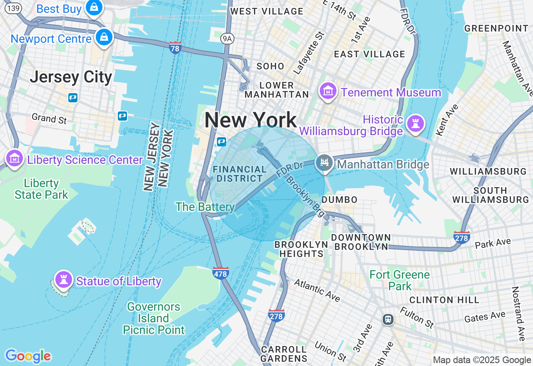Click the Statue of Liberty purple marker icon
click(x=64, y=279)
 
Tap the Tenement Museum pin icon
click(x=327, y=91)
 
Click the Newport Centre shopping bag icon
click(x=104, y=37)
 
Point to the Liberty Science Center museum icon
click(x=15, y=158)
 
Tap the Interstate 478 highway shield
click(x=220, y=273)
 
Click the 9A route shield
click(x=227, y=39)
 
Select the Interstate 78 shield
click(x=175, y=48)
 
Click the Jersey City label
click(x=71, y=77)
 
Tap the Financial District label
click(x=239, y=174)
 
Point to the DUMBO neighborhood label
click(x=339, y=200)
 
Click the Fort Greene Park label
click(x=399, y=280)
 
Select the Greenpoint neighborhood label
click(x=496, y=28)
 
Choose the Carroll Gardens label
click(x=284, y=354)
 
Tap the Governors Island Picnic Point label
click(x=154, y=319)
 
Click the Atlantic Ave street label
click(x=317, y=290)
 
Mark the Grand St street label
click(x=49, y=119)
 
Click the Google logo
click(x=28, y=356)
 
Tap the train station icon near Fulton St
click(x=388, y=319)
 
